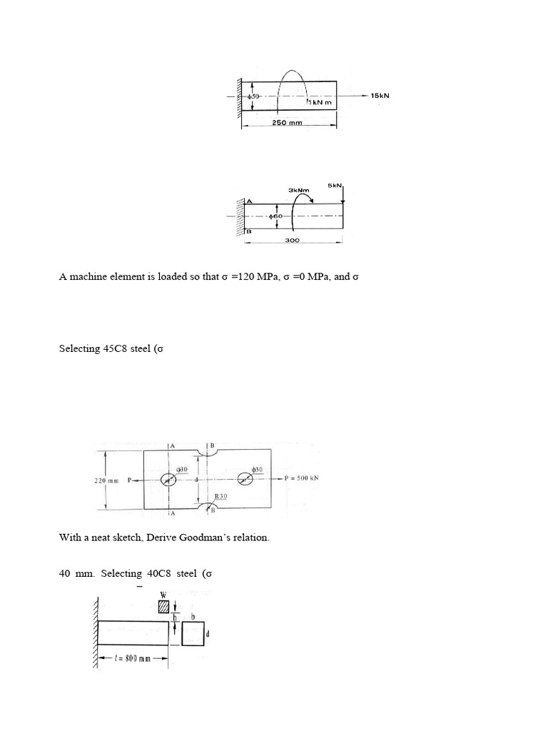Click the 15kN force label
pyautogui.click(x=380, y=95)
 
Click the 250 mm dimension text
pyautogui.click(x=288, y=122)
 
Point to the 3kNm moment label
pyautogui.click(x=298, y=190)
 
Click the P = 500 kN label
pyautogui.click(x=301, y=479)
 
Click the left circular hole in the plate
pyautogui.click(x=169, y=480)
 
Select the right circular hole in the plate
pyautogui.click(x=253, y=480)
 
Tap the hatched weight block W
pyautogui.click(x=164, y=606)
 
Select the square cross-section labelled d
pyautogui.click(x=193, y=634)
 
